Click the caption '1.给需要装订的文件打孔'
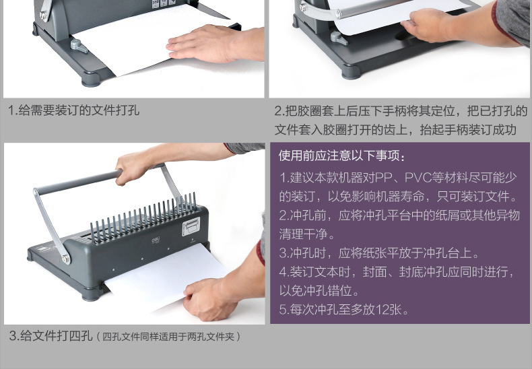coord(74,110)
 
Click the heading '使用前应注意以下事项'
coord(339,156)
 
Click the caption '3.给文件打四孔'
coord(51,336)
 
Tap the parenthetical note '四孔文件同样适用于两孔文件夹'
coord(168,337)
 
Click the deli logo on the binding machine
coord(156,240)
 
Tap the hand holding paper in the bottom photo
coord(209,299)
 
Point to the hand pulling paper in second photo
coord(428,25)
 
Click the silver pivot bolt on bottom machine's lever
coord(65,259)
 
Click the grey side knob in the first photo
coord(79,46)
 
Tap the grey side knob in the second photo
coord(339,38)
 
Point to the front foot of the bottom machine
coord(91,295)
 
